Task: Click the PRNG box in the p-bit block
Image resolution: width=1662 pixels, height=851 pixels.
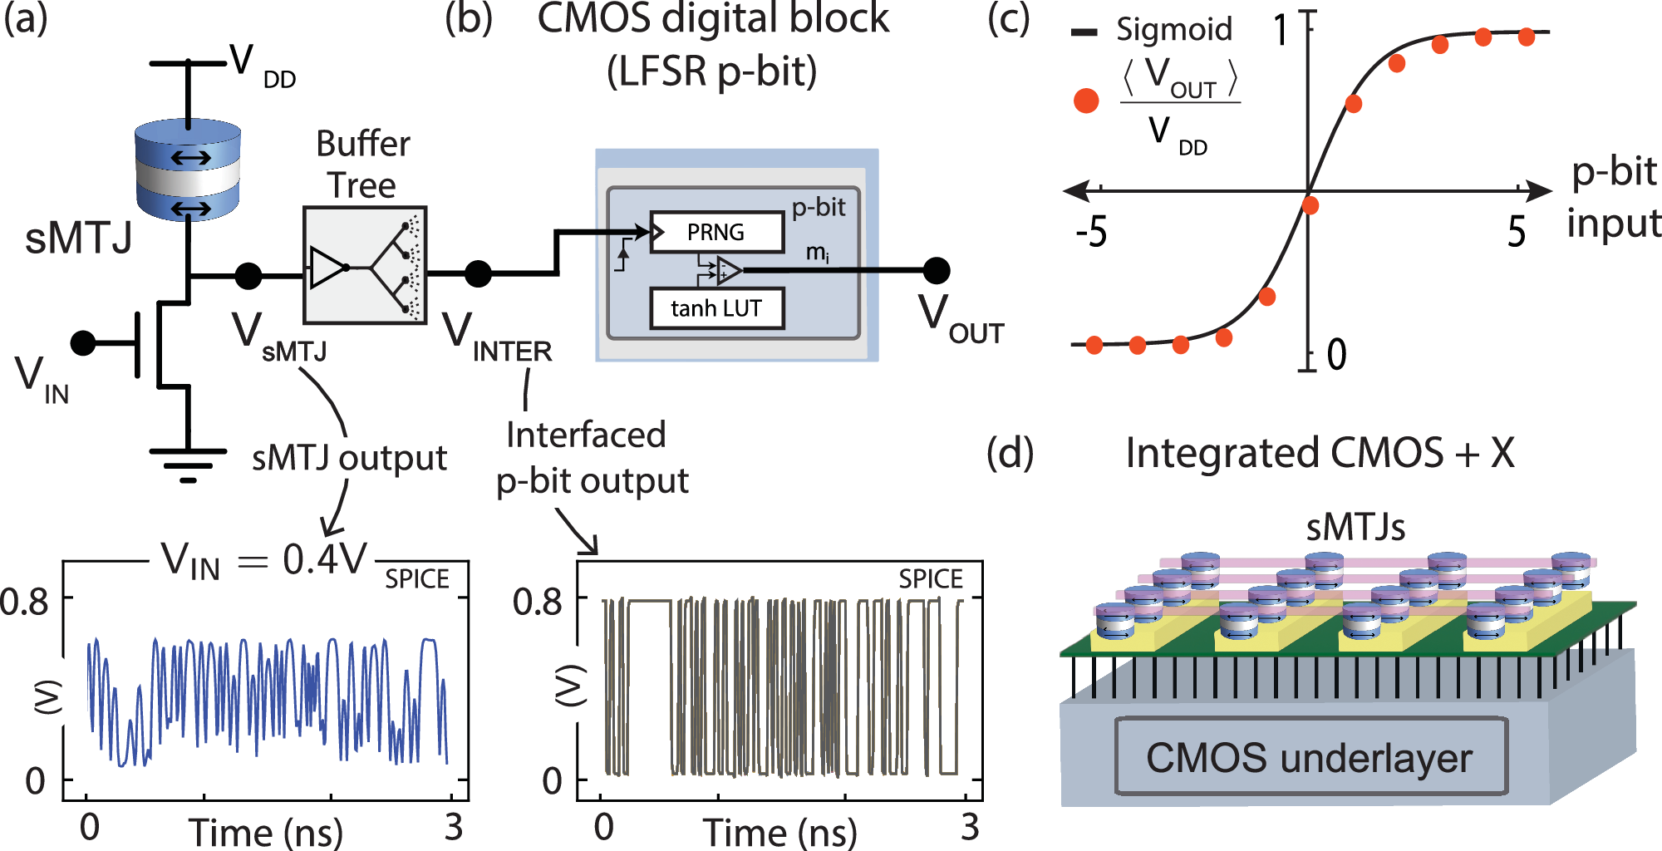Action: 716,232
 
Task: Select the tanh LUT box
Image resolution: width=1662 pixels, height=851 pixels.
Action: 716,308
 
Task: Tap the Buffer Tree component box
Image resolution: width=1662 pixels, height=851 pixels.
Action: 365,265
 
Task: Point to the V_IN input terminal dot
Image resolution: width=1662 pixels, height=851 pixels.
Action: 83,342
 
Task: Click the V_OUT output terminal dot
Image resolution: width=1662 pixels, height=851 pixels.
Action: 937,270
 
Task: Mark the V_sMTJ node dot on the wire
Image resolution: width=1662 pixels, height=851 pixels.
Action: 248,276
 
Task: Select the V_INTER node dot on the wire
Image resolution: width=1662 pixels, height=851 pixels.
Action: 478,273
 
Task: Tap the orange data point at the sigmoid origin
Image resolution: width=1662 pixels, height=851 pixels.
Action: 1310,204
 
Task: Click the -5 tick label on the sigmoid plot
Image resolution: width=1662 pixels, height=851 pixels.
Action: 1091,232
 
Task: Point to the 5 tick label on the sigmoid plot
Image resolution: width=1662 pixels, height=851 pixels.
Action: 1517,232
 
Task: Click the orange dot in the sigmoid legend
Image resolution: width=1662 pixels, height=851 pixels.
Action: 1086,101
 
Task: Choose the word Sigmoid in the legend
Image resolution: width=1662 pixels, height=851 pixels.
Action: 1173,30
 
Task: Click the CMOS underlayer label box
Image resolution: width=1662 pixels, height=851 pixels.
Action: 1310,756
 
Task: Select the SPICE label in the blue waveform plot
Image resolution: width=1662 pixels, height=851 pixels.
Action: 416,578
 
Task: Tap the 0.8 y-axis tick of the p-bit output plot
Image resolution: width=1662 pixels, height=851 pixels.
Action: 538,601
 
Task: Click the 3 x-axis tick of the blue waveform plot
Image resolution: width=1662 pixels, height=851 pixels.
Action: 453,826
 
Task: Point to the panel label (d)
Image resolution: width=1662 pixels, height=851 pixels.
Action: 1010,454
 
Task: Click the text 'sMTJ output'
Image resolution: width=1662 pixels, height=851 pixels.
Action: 349,458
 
